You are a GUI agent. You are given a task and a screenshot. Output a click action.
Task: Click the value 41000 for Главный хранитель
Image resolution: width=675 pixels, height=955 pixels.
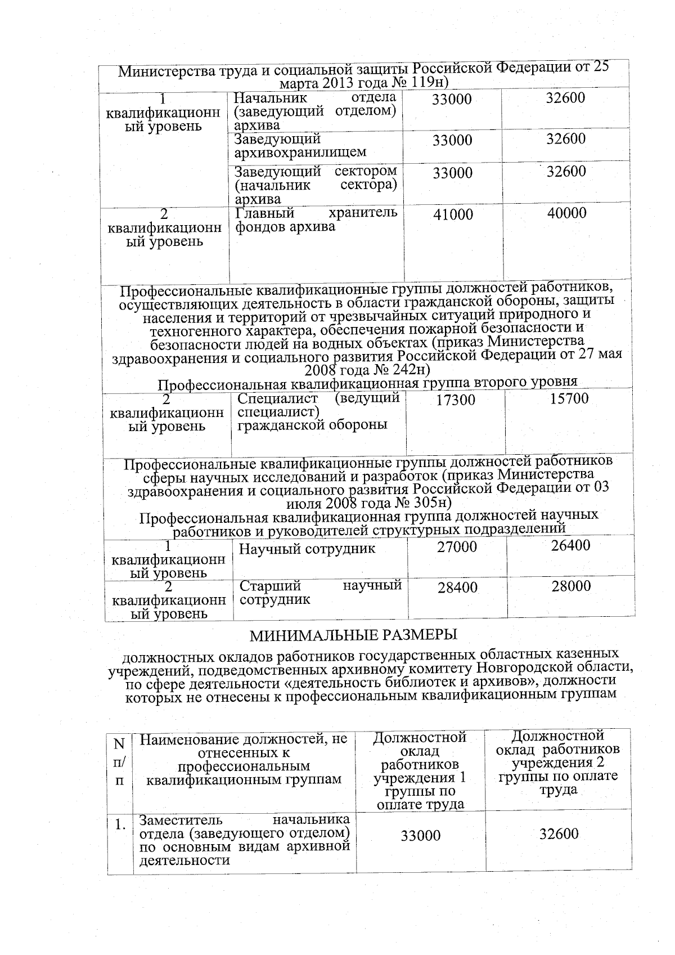(x=453, y=214)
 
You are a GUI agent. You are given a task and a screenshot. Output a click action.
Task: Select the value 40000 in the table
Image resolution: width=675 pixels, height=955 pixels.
(x=566, y=213)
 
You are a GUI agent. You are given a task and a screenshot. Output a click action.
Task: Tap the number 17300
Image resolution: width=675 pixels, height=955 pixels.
(x=456, y=400)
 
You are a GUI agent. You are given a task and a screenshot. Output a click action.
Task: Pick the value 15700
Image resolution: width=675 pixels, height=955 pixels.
(x=569, y=398)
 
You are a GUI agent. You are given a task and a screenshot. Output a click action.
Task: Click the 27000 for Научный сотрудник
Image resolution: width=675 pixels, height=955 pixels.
(x=457, y=547)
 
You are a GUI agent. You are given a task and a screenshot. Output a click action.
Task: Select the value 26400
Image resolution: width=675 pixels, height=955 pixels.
(x=570, y=545)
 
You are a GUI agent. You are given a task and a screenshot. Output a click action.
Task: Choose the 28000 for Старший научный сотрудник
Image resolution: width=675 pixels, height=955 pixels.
(x=571, y=586)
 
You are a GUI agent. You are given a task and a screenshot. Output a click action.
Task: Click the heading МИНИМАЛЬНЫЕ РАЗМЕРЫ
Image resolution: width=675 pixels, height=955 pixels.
(x=354, y=635)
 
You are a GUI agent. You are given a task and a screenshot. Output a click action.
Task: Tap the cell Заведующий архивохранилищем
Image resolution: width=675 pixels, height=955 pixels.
(x=300, y=145)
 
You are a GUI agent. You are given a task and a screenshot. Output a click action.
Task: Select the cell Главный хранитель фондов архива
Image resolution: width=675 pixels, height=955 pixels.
(x=316, y=220)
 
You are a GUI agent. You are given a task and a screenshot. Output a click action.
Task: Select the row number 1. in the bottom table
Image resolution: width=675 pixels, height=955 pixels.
(x=120, y=826)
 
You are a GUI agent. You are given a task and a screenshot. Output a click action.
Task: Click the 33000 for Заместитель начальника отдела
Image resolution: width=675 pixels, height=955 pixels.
(x=421, y=836)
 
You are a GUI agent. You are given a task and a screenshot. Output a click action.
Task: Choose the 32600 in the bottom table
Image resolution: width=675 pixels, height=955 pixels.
(x=559, y=834)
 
